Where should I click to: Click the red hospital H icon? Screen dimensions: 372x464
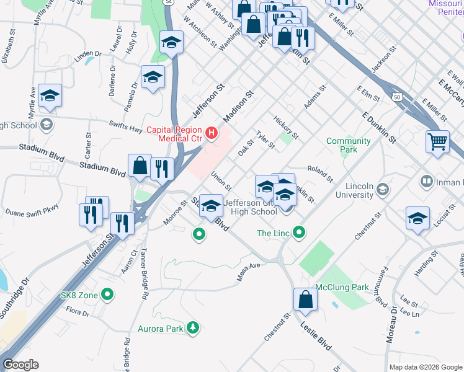tap(213, 133)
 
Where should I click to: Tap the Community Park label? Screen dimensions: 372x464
tap(348, 145)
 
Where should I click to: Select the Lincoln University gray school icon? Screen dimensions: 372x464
tap(383, 189)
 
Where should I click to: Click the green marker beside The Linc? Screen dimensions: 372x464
tap(300, 233)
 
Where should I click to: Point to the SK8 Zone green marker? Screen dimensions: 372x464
tap(108, 295)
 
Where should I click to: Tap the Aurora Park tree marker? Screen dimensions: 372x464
tap(193, 328)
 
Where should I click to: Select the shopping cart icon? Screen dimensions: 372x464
tap(437, 141)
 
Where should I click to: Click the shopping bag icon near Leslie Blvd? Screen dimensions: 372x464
tap(305, 299)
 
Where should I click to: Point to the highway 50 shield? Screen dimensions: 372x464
tap(396, 97)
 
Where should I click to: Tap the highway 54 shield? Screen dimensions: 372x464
tap(169, 3)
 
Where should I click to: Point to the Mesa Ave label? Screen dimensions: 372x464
tap(248, 274)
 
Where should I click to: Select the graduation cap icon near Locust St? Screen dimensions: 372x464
tap(417, 218)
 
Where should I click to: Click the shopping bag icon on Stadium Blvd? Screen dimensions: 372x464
tap(140, 166)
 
